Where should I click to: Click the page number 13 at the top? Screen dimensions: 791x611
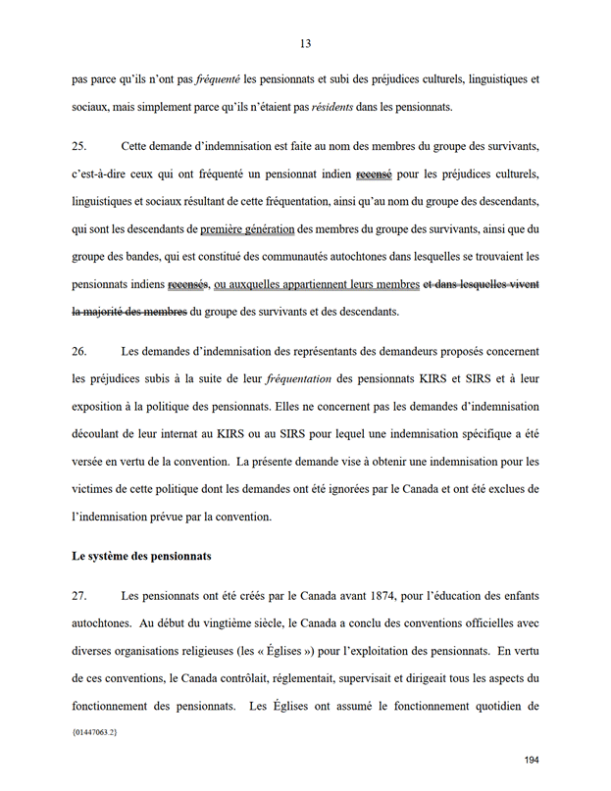306,43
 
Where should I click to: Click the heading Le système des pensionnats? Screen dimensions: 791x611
141,557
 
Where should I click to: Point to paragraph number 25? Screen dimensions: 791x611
79,147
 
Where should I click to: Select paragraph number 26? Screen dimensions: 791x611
79,351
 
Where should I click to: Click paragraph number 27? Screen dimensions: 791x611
79,596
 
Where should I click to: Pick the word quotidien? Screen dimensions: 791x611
484,706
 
